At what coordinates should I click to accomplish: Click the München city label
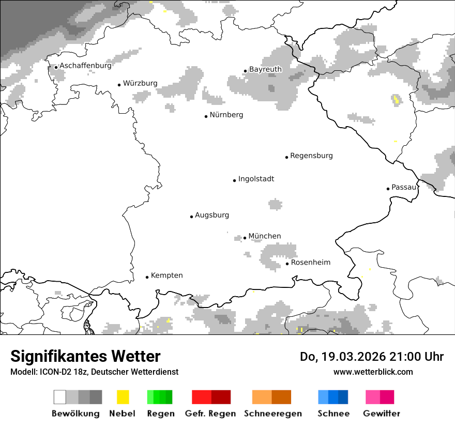tap(264, 236)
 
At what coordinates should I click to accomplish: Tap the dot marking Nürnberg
tap(206, 116)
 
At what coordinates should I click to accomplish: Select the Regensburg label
tap(311, 156)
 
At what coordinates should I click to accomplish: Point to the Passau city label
tap(404, 187)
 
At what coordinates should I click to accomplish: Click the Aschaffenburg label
tap(85, 66)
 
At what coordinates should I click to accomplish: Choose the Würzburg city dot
tap(119, 85)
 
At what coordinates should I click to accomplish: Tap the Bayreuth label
tap(265, 69)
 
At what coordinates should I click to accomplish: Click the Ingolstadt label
tap(256, 179)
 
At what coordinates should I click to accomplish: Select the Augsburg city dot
tap(191, 217)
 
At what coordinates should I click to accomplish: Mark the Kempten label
tap(166, 275)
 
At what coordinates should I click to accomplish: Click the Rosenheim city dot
tap(287, 264)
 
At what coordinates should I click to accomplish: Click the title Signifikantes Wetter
tap(85, 357)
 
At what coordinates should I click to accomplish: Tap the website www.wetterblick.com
tap(373, 372)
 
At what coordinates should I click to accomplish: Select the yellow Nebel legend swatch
tap(123, 397)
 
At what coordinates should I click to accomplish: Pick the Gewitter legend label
tap(382, 413)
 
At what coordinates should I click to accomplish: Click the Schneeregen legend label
tap(272, 413)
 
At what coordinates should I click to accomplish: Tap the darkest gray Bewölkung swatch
tap(96, 397)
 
